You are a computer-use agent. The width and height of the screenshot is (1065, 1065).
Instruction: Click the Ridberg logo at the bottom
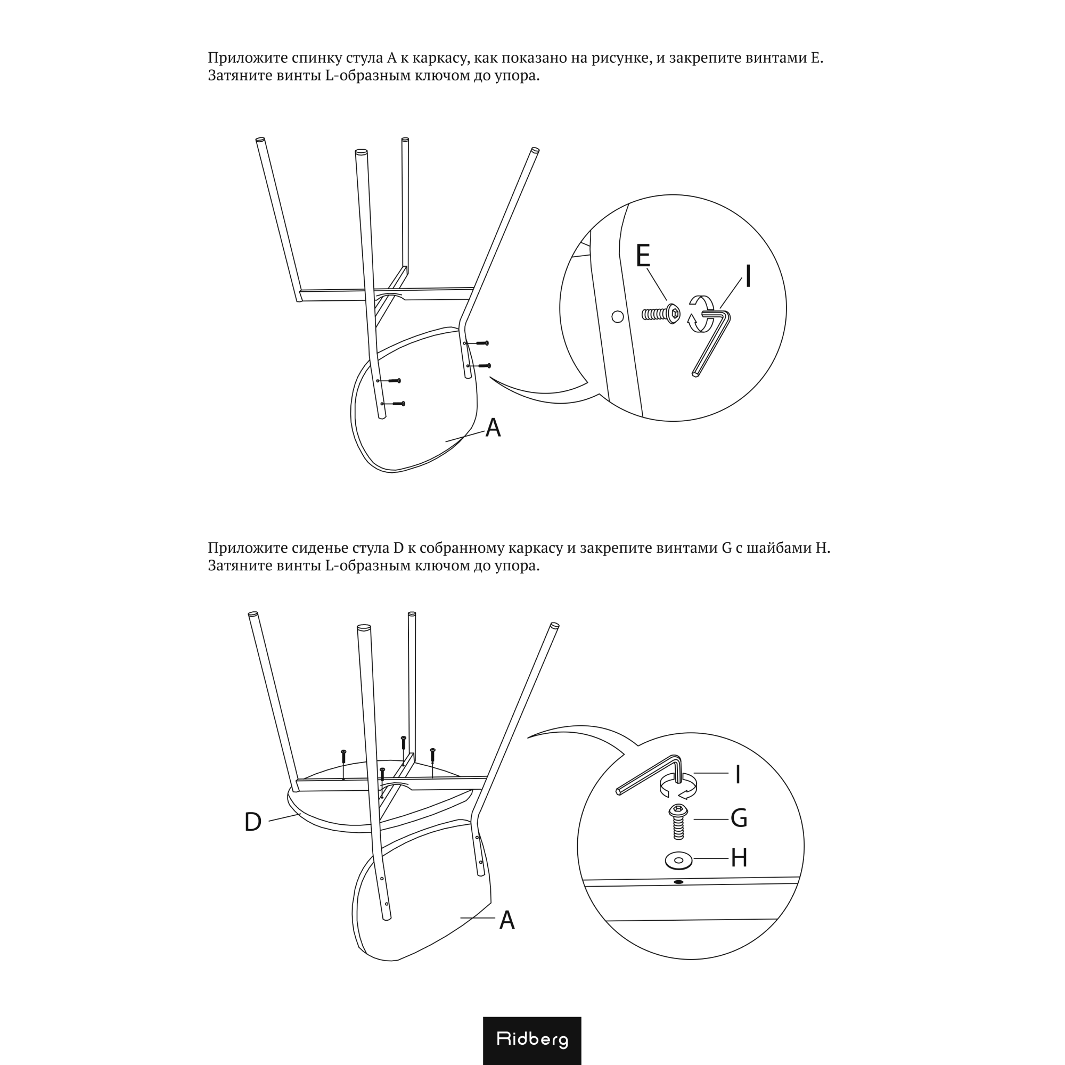pos(532,1039)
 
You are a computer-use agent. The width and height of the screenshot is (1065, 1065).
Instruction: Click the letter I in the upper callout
pos(748,277)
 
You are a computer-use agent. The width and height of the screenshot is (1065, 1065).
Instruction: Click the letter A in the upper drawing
pos(493,428)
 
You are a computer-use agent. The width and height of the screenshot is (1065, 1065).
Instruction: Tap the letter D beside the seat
pos(252,823)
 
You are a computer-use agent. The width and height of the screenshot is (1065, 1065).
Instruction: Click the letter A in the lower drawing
pos(506,921)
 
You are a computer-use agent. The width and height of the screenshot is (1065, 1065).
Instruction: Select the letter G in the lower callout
pos(739,818)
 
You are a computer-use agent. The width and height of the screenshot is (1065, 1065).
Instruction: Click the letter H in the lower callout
pos(739,858)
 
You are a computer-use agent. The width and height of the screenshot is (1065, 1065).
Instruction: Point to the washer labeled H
pos(678,860)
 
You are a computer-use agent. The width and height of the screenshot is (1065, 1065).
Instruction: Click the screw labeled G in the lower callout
pos(678,821)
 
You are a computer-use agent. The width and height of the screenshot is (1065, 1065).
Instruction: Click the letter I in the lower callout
pos(738,775)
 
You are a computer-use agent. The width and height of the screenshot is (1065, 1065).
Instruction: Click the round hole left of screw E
pos(618,316)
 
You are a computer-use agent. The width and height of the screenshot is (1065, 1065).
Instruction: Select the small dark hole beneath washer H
pos(678,882)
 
